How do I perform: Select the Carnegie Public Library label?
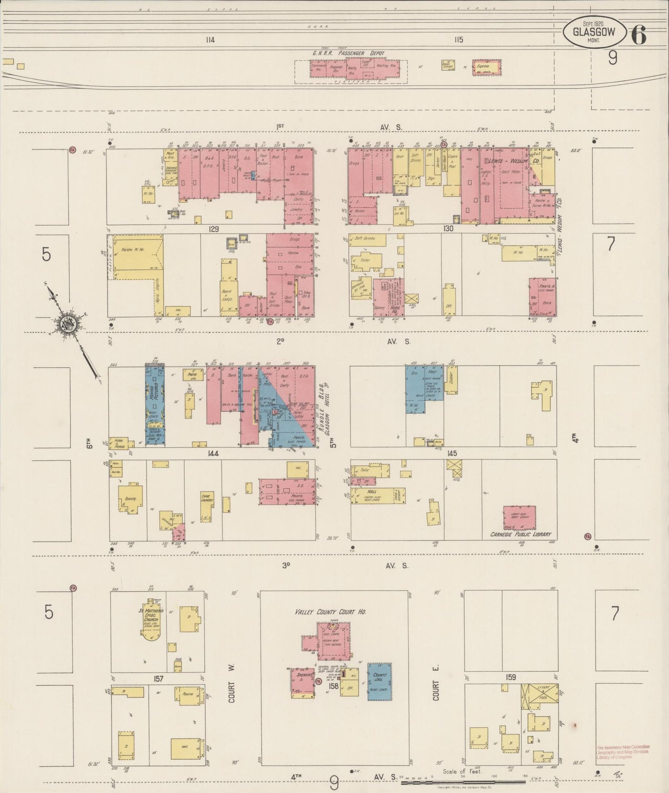click(x=520, y=534)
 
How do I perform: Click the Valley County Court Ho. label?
click(x=331, y=612)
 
